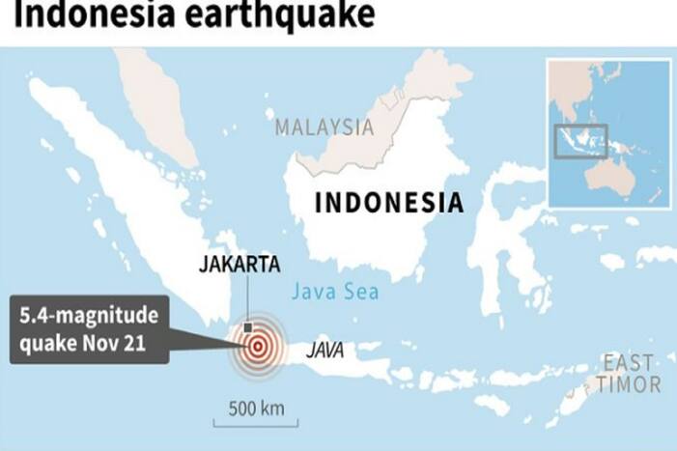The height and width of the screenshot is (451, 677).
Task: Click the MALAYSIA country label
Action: coord(324,127)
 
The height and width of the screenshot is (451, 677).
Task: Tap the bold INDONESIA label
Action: coord(389,204)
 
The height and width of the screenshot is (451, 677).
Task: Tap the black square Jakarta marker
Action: coord(249,326)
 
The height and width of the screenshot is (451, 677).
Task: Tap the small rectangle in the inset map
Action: coord(581,141)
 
